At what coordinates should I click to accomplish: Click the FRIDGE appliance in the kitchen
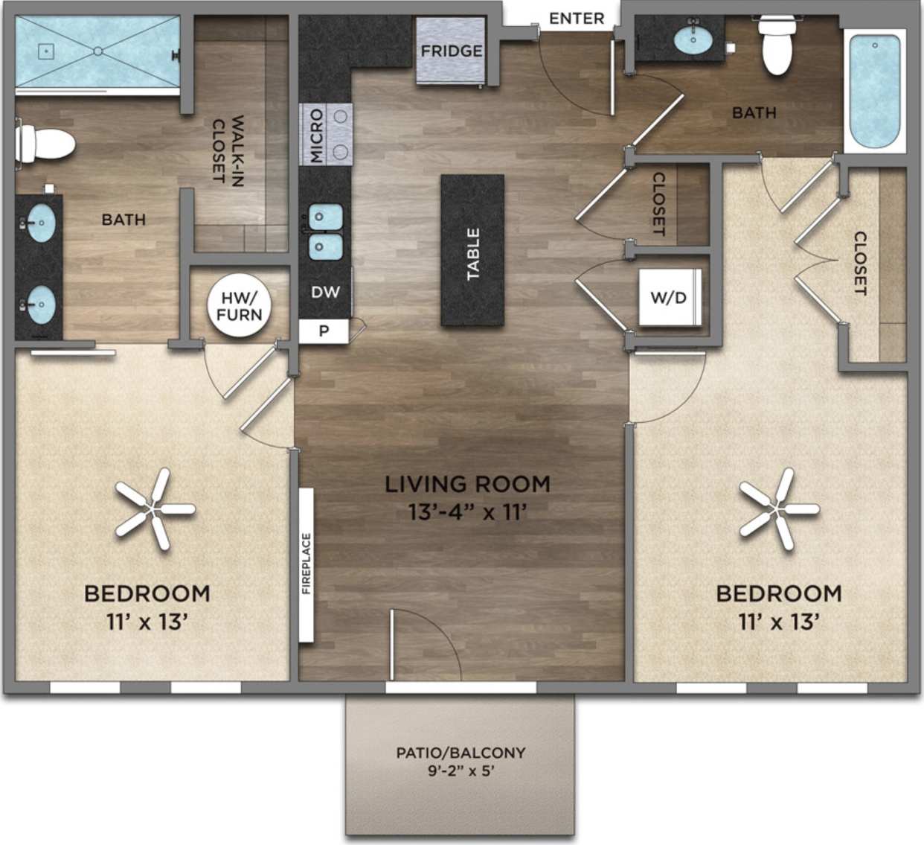pyautogui.click(x=451, y=51)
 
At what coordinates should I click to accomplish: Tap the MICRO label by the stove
pyautogui.click(x=317, y=135)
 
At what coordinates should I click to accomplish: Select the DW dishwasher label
pyautogui.click(x=325, y=292)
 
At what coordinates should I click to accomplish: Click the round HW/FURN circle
pyautogui.click(x=240, y=306)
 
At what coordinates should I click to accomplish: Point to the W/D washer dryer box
pyautogui.click(x=668, y=298)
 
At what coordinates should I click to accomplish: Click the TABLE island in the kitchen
pyautogui.click(x=472, y=251)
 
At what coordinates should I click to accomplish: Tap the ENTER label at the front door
pyautogui.click(x=577, y=19)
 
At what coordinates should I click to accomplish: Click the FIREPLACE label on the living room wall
pyautogui.click(x=307, y=564)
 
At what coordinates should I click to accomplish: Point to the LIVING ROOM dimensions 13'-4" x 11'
pyautogui.click(x=468, y=512)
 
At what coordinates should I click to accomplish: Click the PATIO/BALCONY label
pyautogui.click(x=461, y=753)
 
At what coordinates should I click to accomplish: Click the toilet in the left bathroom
pyautogui.click(x=45, y=144)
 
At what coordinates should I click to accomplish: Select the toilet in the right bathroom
pyautogui.click(x=777, y=46)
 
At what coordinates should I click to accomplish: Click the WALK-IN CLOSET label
pyautogui.click(x=228, y=149)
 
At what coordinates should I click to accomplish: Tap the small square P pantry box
pyautogui.click(x=324, y=331)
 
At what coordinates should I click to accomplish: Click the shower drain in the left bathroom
pyautogui.click(x=97, y=51)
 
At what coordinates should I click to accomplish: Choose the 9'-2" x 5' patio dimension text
pyautogui.click(x=461, y=771)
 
